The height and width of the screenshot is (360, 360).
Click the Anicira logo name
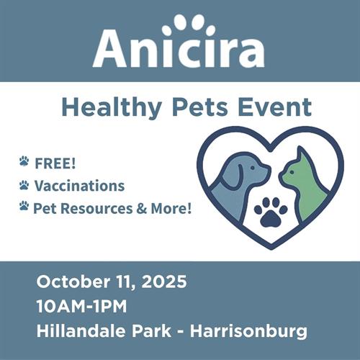179,49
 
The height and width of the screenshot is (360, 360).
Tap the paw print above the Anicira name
189,26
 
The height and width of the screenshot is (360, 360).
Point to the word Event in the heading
274,107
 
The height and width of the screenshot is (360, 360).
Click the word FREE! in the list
55,163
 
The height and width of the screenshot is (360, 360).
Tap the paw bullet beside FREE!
24,161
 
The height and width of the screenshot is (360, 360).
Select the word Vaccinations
79,186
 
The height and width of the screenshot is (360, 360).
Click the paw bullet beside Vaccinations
24,185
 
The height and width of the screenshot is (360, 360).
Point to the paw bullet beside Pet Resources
24,206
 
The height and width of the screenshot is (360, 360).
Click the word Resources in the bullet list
96,208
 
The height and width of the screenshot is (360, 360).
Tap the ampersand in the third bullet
142,209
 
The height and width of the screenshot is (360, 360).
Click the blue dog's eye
252,168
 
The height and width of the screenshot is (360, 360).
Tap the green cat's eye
292,172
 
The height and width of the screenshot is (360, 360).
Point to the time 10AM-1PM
81,306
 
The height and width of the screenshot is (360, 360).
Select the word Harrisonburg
248,332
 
